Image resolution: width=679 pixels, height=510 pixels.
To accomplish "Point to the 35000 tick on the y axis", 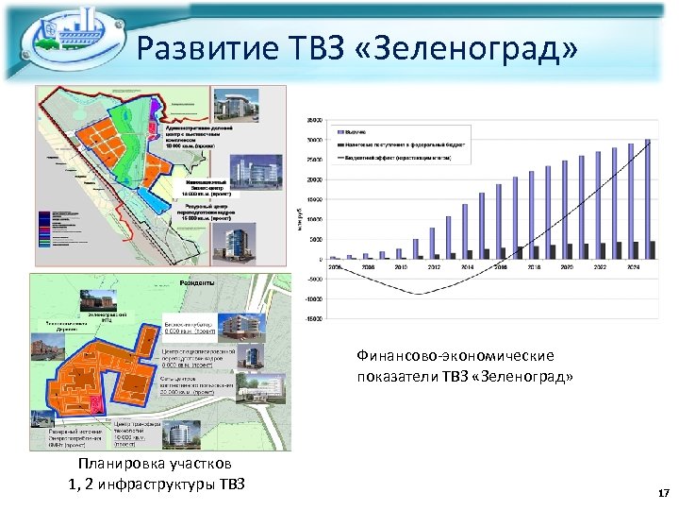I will (313, 119).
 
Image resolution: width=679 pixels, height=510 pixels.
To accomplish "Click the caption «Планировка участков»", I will (153, 466).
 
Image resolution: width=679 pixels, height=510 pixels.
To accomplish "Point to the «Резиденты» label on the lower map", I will (196, 282).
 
